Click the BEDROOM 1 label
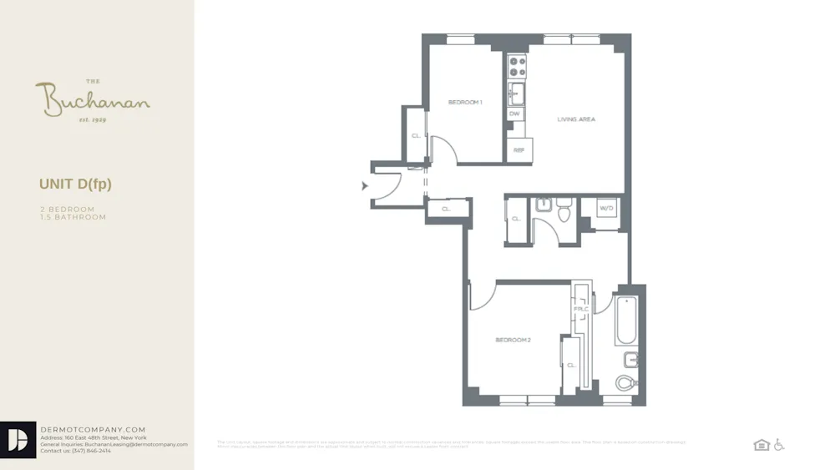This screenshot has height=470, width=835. click(465, 102)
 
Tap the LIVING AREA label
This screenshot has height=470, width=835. click(576, 119)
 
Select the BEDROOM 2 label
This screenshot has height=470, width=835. click(513, 340)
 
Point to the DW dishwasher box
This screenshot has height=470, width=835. click(514, 114)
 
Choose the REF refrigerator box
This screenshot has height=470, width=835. click(518, 150)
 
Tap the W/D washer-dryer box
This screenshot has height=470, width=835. click(607, 208)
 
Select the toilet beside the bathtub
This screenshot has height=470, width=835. click(626, 383)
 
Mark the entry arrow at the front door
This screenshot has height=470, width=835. click(365, 185)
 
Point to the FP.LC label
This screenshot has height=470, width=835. click(581, 310)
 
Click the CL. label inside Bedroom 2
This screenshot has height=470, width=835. click(571, 365)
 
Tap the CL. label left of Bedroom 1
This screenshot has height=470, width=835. click(415, 135)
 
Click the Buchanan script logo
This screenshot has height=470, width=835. click(93, 101)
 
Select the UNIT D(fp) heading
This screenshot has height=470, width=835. click(75, 184)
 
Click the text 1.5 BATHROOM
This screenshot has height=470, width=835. click(73, 217)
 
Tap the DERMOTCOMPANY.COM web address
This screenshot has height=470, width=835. click(93, 429)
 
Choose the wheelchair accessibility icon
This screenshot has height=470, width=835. click(779, 445)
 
